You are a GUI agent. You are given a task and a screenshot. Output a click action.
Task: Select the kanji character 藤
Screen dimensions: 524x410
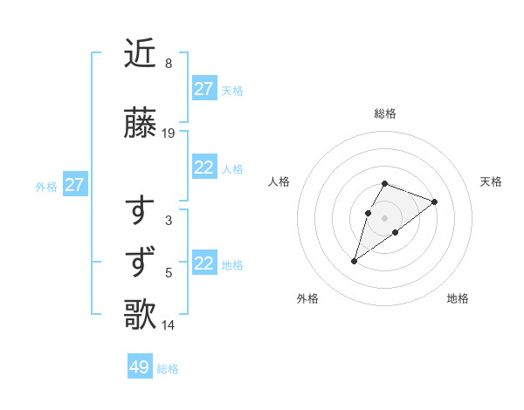click(x=141, y=123)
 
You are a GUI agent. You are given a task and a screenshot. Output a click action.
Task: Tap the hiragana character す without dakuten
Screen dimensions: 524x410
click(x=141, y=210)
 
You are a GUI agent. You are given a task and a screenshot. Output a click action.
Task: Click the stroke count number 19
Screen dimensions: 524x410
click(x=169, y=133)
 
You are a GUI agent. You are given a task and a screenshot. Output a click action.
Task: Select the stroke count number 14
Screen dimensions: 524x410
click(x=169, y=325)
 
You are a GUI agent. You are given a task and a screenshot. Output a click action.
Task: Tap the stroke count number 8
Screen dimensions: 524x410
click(x=168, y=64)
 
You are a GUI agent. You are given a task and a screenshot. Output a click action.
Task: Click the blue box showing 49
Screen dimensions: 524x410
click(x=140, y=367)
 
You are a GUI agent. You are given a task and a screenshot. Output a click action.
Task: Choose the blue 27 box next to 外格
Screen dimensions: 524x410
click(x=74, y=185)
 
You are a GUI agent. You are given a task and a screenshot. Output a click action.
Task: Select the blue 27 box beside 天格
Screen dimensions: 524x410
click(x=203, y=88)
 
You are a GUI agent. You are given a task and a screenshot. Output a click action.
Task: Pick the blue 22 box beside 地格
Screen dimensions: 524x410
click(x=203, y=263)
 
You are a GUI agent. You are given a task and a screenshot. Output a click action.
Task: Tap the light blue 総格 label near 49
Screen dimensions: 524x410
click(x=168, y=369)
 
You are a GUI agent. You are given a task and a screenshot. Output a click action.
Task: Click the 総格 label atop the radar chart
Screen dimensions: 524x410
click(x=384, y=113)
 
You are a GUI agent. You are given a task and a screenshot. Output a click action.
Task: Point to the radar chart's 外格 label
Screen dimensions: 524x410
click(x=307, y=298)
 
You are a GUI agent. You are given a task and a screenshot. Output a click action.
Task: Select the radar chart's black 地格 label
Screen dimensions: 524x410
click(x=458, y=298)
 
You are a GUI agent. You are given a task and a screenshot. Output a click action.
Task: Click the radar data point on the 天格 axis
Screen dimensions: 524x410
click(x=434, y=202)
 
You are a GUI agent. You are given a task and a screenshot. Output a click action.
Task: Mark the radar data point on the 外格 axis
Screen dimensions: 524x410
click(x=354, y=261)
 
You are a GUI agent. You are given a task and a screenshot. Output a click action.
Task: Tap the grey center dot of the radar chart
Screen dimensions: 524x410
click(x=384, y=217)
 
